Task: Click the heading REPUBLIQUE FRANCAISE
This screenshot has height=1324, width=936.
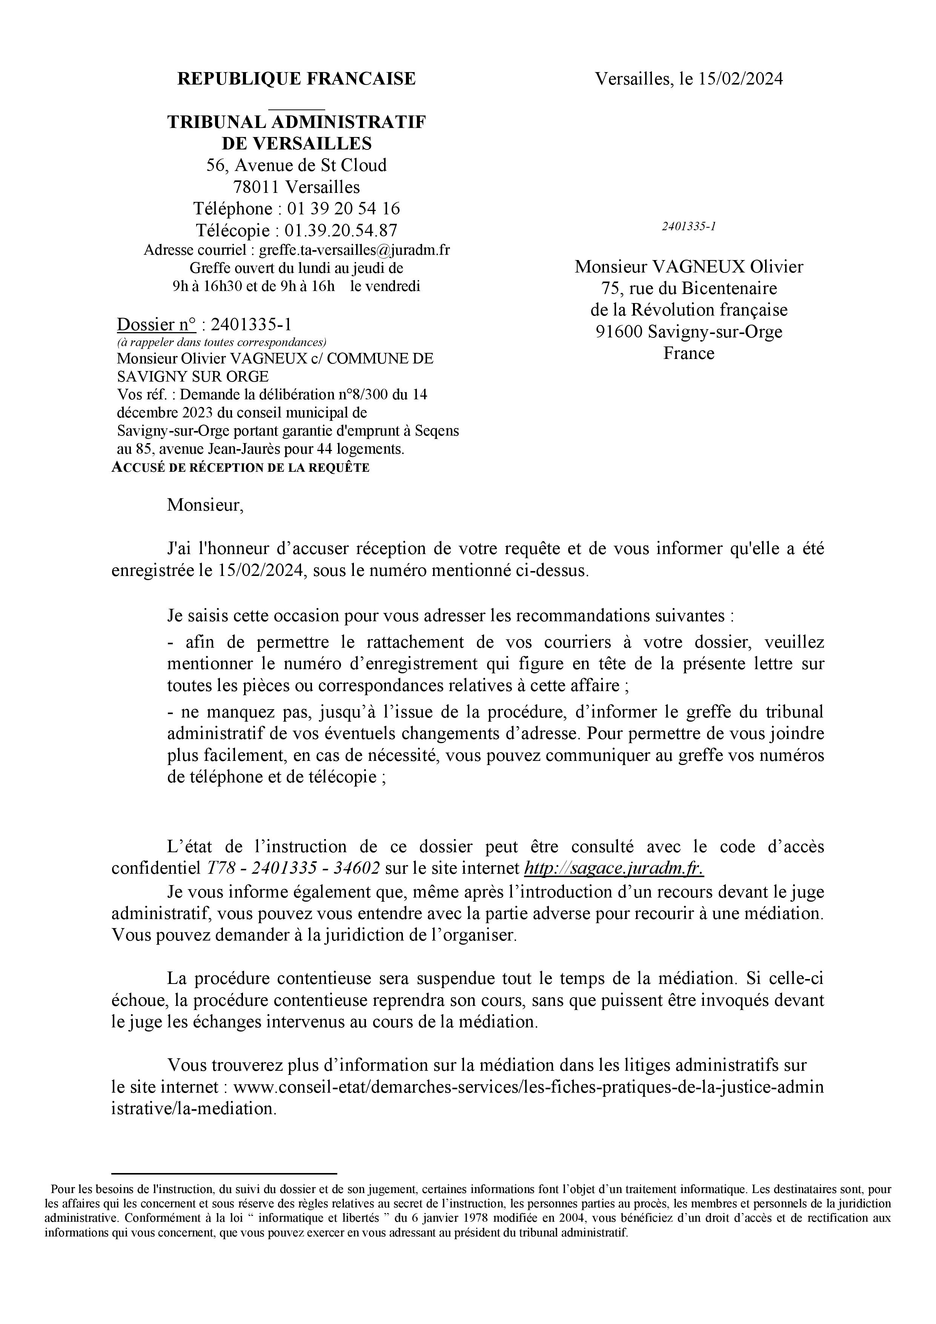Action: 296,79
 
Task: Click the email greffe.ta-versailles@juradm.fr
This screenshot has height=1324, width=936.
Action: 355,250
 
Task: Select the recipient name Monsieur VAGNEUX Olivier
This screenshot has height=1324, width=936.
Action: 689,266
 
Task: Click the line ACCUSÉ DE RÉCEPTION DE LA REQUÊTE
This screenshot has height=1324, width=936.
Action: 240,468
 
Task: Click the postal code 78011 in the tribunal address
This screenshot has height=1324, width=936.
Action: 257,187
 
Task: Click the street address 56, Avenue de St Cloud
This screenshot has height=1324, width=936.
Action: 296,165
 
